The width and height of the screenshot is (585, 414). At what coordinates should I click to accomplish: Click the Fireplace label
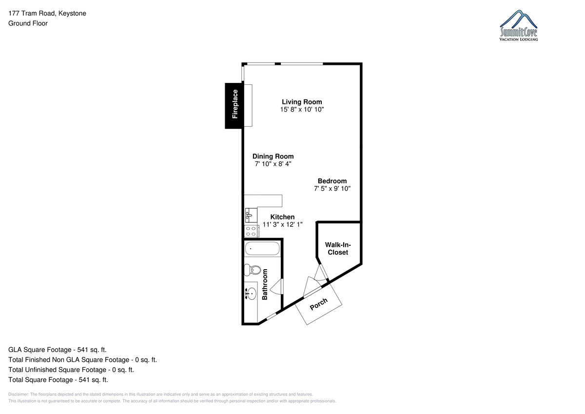(x=235, y=104)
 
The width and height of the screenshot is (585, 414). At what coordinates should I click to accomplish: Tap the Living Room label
(x=302, y=102)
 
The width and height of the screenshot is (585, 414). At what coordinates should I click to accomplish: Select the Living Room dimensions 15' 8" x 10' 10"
(x=302, y=109)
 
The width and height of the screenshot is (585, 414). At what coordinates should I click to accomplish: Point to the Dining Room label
(x=273, y=157)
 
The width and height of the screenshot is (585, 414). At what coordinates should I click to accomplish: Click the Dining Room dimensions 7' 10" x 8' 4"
(x=273, y=164)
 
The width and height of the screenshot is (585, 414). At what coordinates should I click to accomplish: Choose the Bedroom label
(x=332, y=181)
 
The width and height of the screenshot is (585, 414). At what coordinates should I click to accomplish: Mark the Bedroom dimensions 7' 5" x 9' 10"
(x=332, y=189)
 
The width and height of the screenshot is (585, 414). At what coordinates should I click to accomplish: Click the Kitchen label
(x=282, y=217)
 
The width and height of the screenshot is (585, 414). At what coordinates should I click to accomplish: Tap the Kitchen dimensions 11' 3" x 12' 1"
(x=282, y=224)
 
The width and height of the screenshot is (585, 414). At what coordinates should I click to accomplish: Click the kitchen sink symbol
(x=251, y=215)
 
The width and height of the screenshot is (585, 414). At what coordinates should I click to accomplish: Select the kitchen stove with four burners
(x=252, y=231)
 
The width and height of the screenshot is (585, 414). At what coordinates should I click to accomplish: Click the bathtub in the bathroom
(x=262, y=248)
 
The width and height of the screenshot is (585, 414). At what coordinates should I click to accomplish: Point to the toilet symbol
(x=253, y=270)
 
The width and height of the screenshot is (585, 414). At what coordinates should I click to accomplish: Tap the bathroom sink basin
(x=251, y=294)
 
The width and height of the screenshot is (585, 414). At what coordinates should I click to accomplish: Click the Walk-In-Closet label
(x=338, y=249)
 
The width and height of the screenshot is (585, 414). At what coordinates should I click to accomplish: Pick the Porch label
(x=318, y=304)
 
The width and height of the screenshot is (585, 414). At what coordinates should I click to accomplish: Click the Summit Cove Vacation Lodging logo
(x=518, y=25)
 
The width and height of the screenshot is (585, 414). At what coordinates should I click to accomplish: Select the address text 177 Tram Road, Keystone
(x=47, y=13)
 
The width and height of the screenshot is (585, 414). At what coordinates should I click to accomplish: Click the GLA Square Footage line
(x=58, y=350)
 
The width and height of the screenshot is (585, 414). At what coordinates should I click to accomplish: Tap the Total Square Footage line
(x=58, y=380)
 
